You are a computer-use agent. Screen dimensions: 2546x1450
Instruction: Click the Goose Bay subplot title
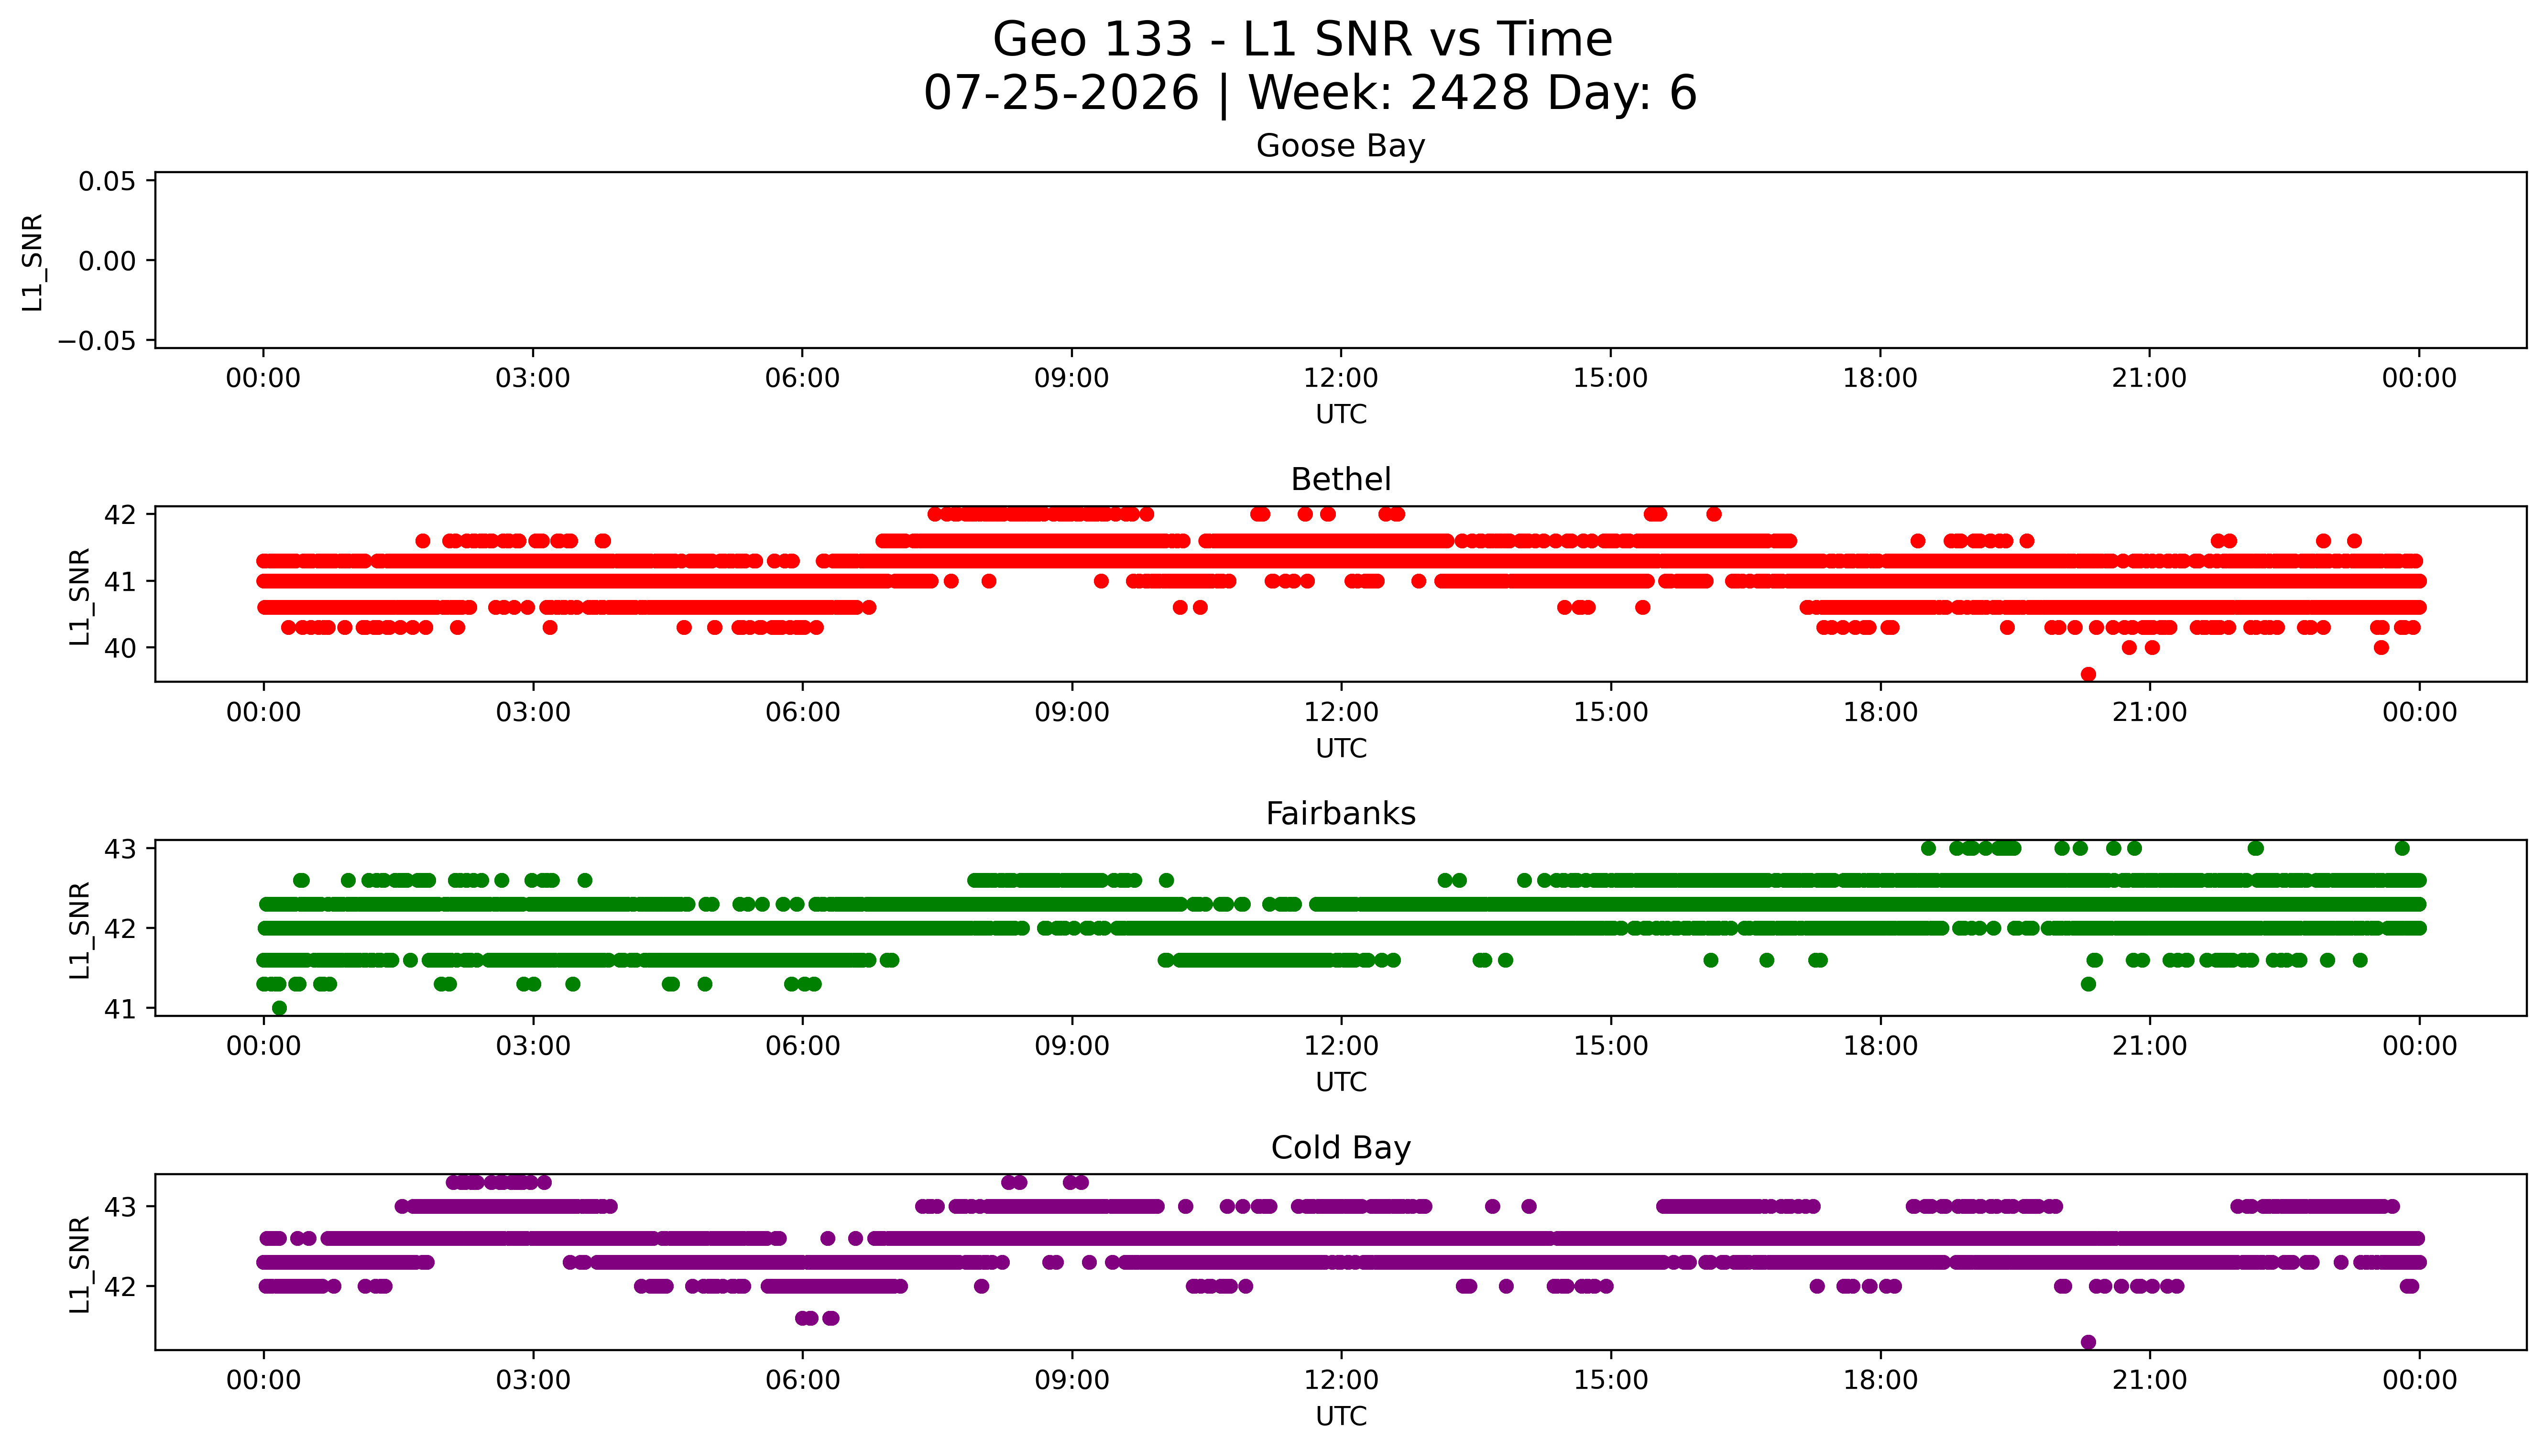(1340, 146)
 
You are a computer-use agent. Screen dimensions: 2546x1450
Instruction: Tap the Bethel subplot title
(1340, 480)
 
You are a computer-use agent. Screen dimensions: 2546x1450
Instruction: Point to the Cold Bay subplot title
(1340, 1148)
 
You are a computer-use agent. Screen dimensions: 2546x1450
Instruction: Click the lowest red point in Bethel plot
(2088, 674)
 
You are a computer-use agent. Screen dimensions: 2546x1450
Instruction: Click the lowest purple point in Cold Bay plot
(2088, 1342)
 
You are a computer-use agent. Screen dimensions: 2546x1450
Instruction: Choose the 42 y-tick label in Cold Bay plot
(120, 1286)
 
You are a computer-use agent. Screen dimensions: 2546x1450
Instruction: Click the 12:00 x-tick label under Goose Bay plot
(1341, 379)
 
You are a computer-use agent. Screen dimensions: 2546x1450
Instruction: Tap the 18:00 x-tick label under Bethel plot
(1880, 713)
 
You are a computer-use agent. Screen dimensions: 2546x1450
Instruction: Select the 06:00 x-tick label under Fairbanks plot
(803, 1047)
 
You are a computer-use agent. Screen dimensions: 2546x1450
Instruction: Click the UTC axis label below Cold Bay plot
(1341, 1416)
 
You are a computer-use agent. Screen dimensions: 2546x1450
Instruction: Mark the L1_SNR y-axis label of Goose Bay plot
(33, 262)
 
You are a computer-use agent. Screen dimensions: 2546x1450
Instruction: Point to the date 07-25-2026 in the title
(1061, 94)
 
